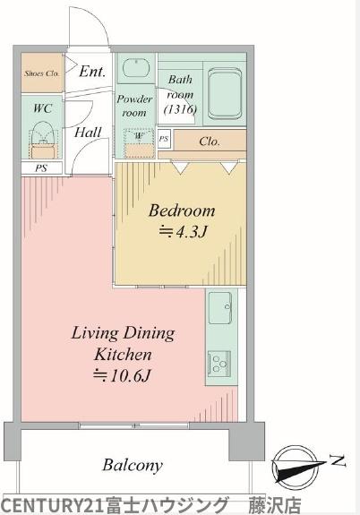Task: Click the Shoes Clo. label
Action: [42, 73]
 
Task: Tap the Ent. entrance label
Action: [92, 72]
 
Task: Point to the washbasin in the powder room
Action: [136, 68]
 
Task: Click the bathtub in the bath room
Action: [225, 93]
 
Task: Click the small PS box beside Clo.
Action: [164, 139]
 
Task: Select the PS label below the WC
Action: [41, 168]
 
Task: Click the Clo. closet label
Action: [210, 142]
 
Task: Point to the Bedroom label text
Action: [182, 210]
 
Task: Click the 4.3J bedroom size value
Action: [183, 232]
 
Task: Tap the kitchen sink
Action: [220, 307]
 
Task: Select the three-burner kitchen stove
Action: [219, 362]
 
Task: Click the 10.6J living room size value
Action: [122, 375]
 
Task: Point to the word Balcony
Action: [133, 465]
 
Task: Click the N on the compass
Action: [339, 460]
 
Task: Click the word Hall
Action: [88, 133]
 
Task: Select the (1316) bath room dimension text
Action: [180, 109]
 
